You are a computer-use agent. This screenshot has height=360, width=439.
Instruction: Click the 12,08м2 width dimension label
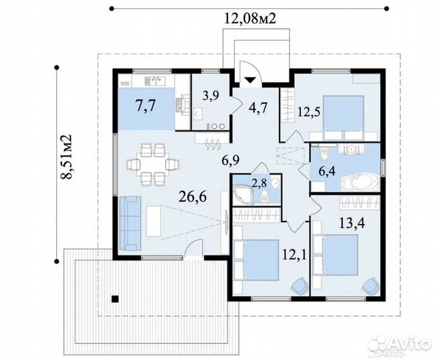pos(250,19)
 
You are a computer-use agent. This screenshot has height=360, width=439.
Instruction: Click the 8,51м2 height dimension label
pos(66,157)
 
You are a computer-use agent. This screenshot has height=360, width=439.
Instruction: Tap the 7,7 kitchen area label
pos(145,106)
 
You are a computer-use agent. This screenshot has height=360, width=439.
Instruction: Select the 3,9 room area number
pos(211,95)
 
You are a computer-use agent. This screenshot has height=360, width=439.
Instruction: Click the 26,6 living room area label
pos(193,197)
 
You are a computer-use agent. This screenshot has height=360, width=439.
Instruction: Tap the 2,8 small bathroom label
pos(259,183)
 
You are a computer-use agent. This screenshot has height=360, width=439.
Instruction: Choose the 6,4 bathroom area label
pos(327,171)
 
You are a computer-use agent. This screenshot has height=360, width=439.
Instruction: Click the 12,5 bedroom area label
pos(309,112)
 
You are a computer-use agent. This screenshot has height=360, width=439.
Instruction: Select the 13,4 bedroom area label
pos(352,223)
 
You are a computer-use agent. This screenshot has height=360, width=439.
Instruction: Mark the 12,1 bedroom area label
pos(294,255)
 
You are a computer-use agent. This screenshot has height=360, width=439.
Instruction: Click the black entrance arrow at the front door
pos(250,80)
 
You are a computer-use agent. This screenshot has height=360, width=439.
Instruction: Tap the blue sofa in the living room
pos(130,223)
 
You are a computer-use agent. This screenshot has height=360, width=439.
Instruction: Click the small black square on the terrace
pos(115,299)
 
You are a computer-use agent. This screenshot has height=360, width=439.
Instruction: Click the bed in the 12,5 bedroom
pos(343,118)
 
